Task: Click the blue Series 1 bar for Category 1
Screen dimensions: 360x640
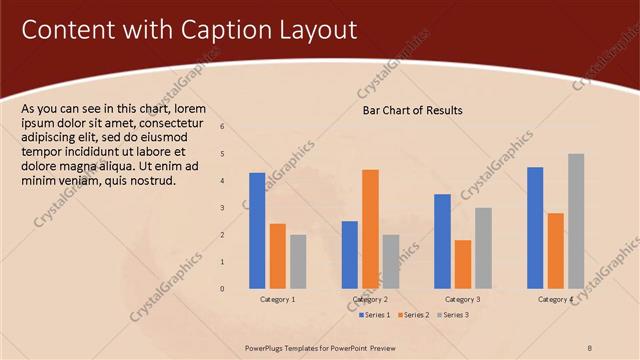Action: [257, 230]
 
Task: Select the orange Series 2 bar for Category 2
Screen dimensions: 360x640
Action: [370, 229]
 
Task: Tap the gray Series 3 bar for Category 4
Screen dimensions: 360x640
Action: [576, 221]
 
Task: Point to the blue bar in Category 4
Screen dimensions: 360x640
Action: [535, 227]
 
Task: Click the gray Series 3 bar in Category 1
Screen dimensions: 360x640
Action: [298, 261]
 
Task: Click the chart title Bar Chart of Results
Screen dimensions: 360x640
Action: [412, 110]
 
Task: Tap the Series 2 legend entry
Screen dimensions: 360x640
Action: [414, 315]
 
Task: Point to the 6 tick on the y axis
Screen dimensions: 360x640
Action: [222, 127]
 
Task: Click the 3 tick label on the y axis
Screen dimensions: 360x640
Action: [222, 208]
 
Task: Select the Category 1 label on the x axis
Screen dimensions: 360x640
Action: [277, 300]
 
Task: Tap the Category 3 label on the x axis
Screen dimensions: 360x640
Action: [462, 300]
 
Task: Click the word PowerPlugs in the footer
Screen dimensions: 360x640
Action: [269, 347]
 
